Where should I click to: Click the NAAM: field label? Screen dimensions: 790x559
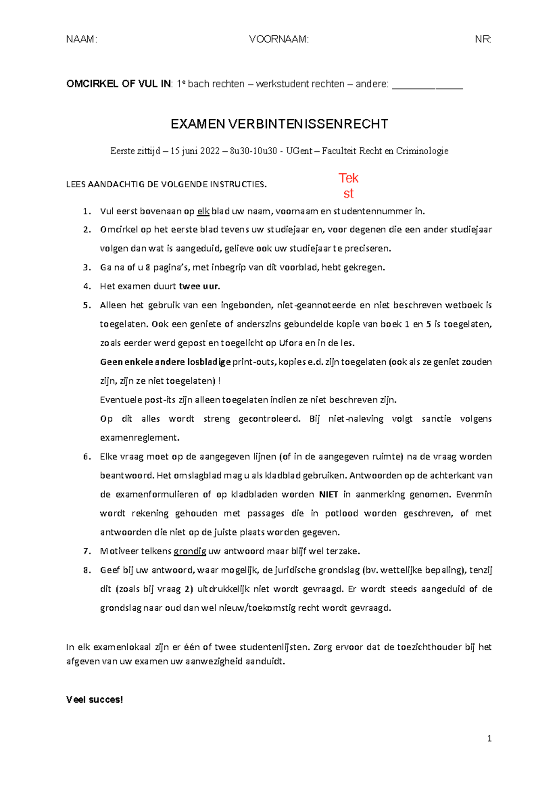pyautogui.click(x=82, y=39)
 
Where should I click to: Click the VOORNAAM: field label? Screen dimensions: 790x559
pyautogui.click(x=279, y=39)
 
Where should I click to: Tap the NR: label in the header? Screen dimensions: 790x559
pyautogui.click(x=483, y=39)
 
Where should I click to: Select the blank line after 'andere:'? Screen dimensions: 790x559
pyautogui.click(x=427, y=86)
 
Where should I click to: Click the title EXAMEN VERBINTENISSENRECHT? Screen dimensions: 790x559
pyautogui.click(x=279, y=124)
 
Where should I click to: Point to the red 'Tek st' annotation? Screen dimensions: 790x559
pyautogui.click(x=348, y=185)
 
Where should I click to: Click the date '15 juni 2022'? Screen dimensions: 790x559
pyautogui.click(x=195, y=151)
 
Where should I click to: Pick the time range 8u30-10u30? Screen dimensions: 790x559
pyautogui.click(x=253, y=151)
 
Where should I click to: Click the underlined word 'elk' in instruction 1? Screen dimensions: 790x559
pyautogui.click(x=203, y=211)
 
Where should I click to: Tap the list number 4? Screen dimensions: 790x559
pyautogui.click(x=87, y=286)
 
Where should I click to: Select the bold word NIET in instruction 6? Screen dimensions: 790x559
pyautogui.click(x=328, y=495)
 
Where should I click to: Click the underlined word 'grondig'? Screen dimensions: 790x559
pyautogui.click(x=190, y=552)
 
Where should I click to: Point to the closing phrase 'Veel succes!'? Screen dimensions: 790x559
pyautogui.click(x=95, y=700)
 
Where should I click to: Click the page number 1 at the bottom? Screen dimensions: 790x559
pyautogui.click(x=489, y=738)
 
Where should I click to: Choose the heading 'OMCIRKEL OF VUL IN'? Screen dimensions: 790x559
pyautogui.click(x=118, y=84)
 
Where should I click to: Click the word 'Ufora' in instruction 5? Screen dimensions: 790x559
pyautogui.click(x=291, y=343)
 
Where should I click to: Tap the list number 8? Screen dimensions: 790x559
pyautogui.click(x=87, y=570)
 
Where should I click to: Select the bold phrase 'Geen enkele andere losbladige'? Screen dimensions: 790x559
pyautogui.click(x=165, y=362)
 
